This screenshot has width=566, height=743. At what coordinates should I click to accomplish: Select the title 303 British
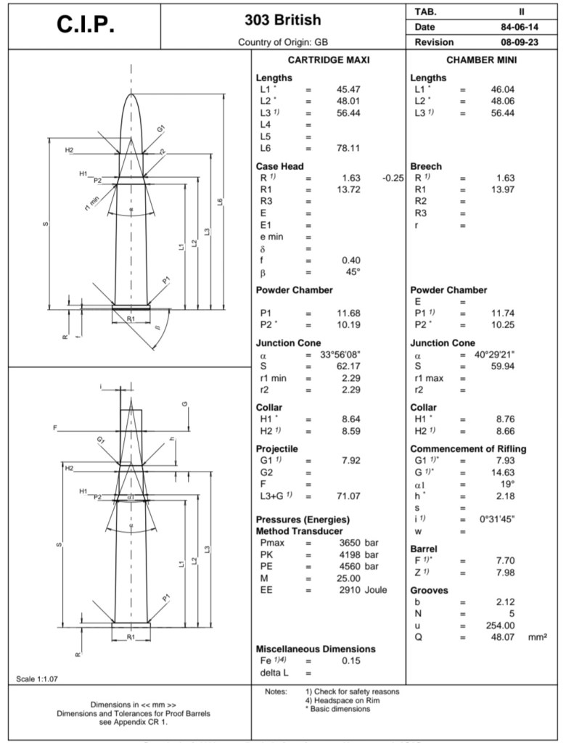(x=283, y=20)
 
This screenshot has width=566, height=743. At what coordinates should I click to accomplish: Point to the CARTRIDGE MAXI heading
(x=329, y=61)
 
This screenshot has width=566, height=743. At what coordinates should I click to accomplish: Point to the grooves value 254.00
(x=501, y=625)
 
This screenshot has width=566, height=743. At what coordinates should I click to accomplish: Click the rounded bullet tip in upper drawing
(x=131, y=97)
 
